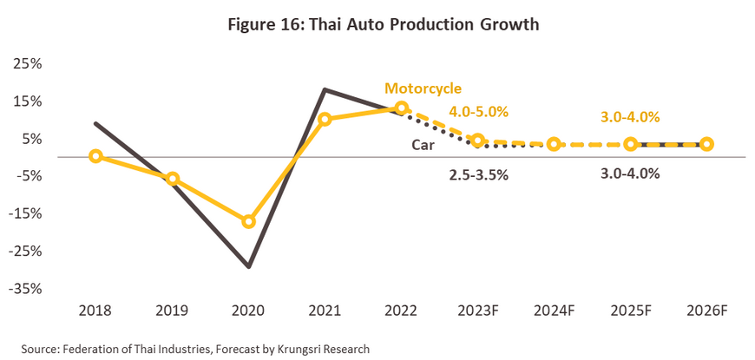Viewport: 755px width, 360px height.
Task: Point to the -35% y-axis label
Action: pos(26,288)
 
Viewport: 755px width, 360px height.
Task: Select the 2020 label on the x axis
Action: pos(248,311)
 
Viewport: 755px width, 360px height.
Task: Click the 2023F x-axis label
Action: pos(477,311)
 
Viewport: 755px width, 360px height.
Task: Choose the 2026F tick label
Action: pos(706,311)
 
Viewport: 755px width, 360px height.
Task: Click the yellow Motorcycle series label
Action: pos(423,88)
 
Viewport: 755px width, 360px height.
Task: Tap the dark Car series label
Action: pos(423,146)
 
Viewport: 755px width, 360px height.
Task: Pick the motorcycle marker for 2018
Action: pos(95,156)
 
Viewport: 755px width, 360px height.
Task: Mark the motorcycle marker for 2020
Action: pos(248,221)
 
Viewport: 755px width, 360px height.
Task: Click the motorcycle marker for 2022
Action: pos(401,108)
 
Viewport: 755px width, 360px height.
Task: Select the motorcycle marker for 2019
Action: pos(172,179)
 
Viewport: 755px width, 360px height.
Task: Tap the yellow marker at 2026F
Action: pos(706,144)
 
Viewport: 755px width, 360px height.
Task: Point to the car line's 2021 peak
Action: pos(324,89)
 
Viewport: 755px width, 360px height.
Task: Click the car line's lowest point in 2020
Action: pos(250,266)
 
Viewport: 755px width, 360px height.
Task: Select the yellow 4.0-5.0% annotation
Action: pos(478,111)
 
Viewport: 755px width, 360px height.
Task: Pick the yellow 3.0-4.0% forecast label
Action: pos(631,117)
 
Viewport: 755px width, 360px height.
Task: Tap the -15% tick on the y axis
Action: pos(26,213)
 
